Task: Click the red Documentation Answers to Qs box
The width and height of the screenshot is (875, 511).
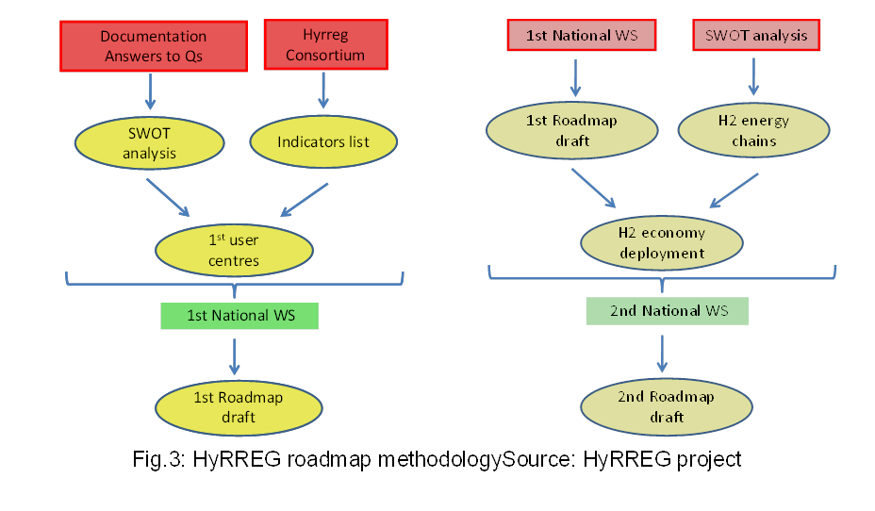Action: tap(154, 46)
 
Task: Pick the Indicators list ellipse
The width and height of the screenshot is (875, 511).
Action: tap(323, 142)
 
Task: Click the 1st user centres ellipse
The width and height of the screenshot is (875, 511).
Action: tap(234, 248)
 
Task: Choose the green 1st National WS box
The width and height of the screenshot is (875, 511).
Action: tap(240, 315)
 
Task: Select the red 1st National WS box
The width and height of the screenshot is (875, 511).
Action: tap(581, 36)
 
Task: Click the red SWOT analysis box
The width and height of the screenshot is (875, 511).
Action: tap(756, 36)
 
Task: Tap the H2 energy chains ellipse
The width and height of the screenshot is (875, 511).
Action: tap(753, 132)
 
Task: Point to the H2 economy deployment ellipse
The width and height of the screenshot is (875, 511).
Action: tap(661, 242)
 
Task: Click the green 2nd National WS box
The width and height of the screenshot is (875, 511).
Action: tap(668, 310)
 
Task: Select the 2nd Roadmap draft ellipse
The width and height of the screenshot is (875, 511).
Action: tap(666, 406)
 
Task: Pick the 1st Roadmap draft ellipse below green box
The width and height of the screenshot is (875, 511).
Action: tap(239, 406)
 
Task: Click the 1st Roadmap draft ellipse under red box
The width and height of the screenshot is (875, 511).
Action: tap(572, 131)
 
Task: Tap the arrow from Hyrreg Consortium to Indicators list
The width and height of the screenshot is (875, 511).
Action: tap(323, 90)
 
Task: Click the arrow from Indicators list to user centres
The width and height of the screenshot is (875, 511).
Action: tap(305, 198)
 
